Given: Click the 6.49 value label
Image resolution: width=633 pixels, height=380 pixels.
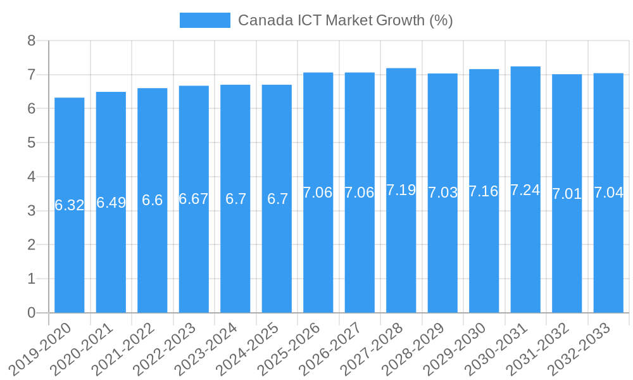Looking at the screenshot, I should click(111, 203).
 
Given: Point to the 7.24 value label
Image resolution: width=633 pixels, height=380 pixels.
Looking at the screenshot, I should click(525, 190).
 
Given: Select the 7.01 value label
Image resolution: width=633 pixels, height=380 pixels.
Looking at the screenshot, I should click(567, 194).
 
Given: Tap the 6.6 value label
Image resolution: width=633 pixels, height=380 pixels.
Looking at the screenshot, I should click(153, 200).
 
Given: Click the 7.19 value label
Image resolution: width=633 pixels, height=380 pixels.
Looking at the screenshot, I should click(401, 190).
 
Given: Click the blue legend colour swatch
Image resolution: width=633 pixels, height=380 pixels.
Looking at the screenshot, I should click(205, 20).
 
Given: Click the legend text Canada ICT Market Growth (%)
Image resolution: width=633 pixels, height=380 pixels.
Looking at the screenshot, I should click(345, 20).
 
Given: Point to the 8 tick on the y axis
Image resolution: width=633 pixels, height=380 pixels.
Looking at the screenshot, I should click(32, 41).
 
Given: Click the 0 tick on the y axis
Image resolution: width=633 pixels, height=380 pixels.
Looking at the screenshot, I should click(32, 313).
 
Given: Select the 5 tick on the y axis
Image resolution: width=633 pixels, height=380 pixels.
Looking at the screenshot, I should click(32, 143).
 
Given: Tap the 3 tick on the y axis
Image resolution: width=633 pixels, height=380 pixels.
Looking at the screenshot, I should click(32, 211).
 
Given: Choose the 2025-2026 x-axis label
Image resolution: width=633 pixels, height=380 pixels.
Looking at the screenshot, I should click(291, 348).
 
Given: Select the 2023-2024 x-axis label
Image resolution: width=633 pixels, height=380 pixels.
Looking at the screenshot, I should click(208, 348).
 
